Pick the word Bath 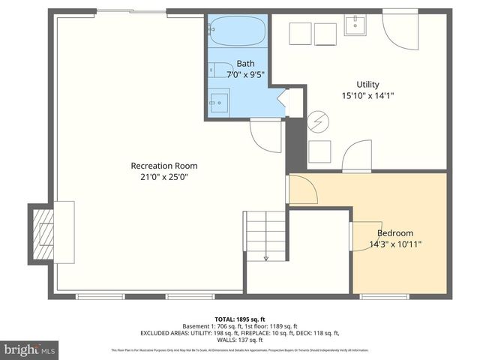click(x=245, y=64)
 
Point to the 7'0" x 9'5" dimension click(x=245, y=75)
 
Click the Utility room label click(x=367, y=84)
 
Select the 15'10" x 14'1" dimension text click(x=367, y=95)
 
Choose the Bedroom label click(x=395, y=233)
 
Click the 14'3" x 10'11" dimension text click(x=395, y=244)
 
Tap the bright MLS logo click(x=28, y=349)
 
